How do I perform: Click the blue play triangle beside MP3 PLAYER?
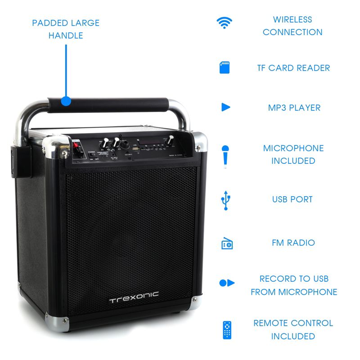(x=225, y=107)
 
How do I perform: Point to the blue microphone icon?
(x=225, y=155)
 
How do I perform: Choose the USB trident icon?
(x=225, y=200)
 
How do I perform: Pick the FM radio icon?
(x=227, y=243)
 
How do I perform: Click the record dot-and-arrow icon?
(x=226, y=283)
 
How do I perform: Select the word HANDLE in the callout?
(x=66, y=35)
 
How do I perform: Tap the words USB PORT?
(x=292, y=199)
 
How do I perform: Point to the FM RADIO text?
(x=293, y=243)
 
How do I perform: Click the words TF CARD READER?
(x=293, y=68)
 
